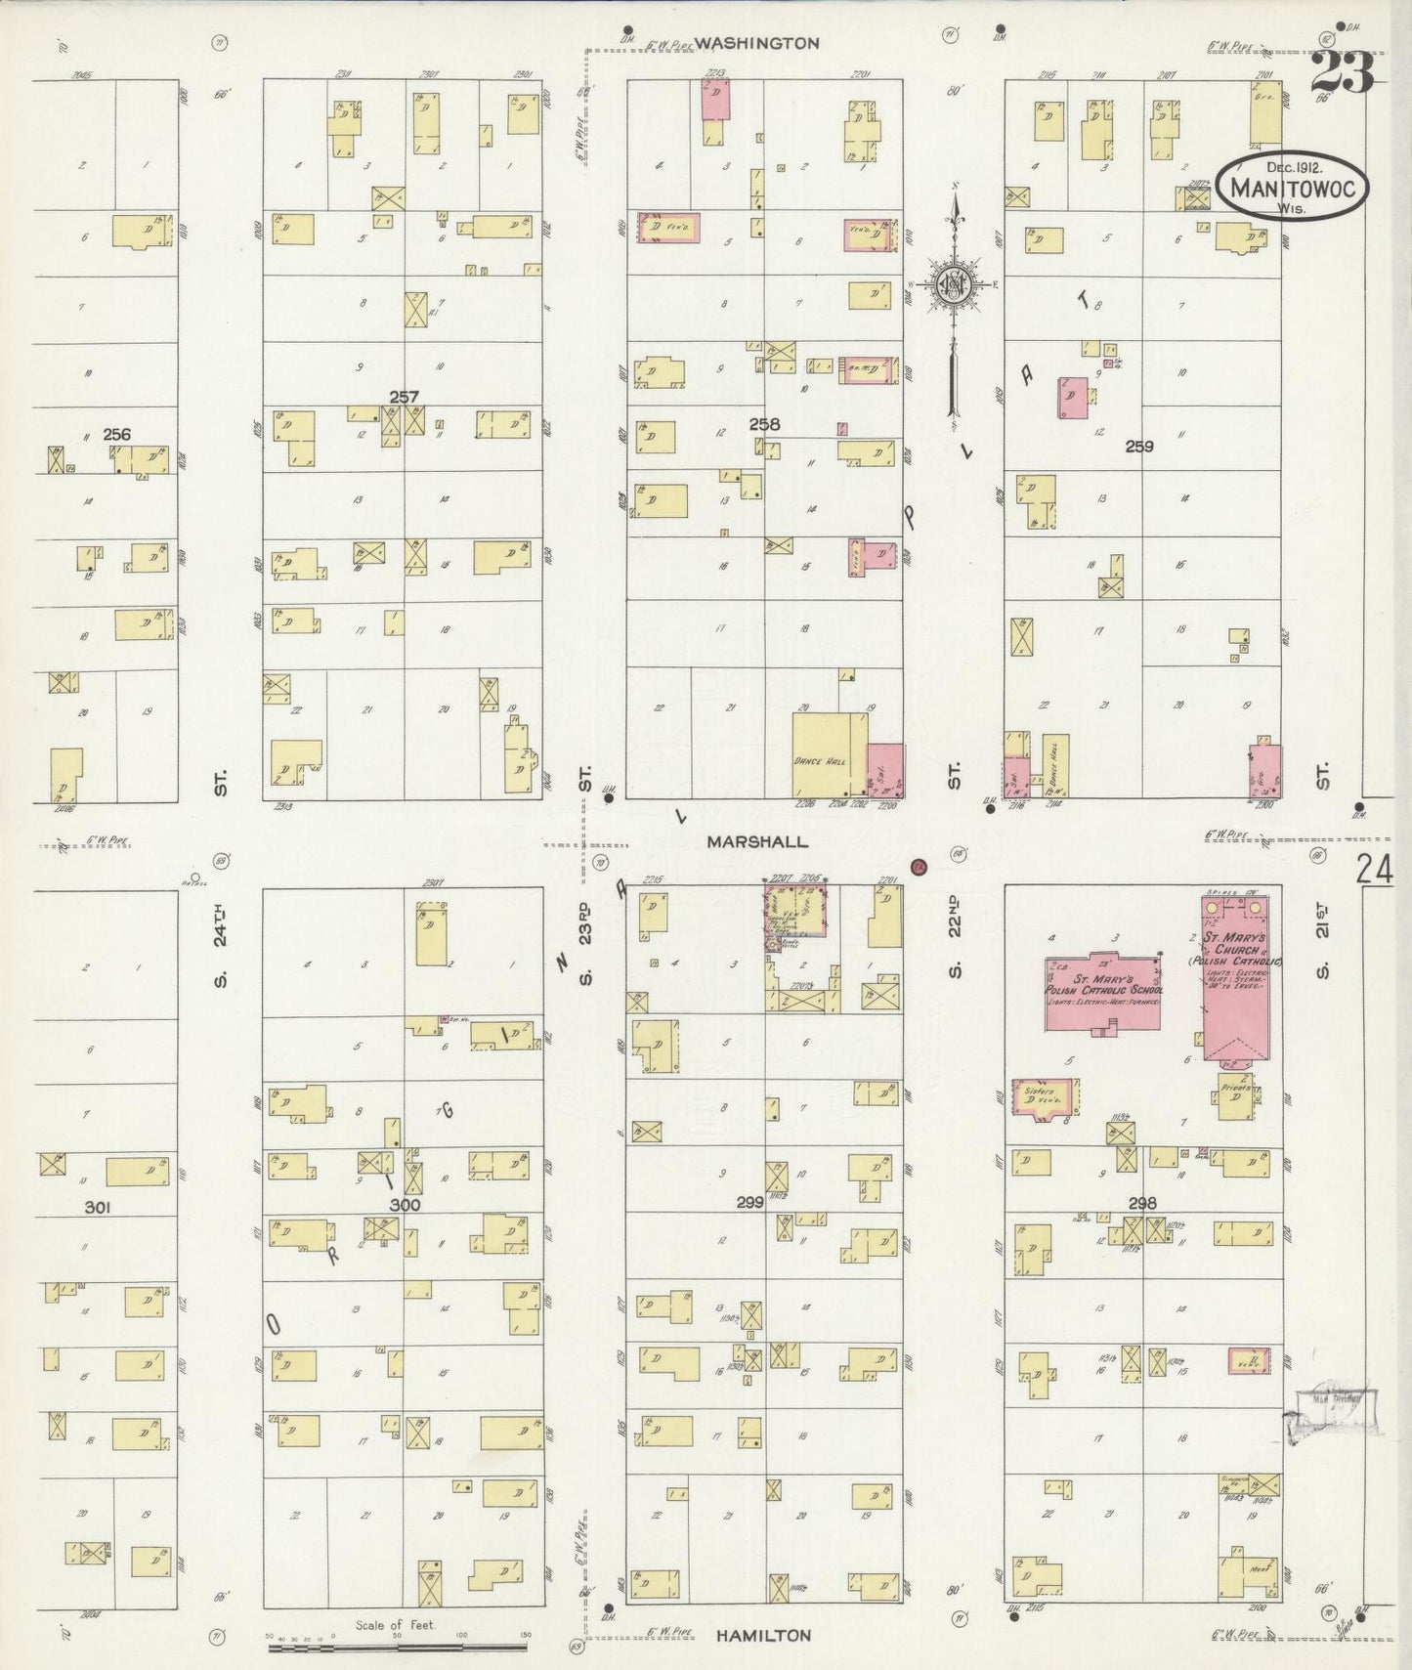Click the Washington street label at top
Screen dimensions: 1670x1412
757,43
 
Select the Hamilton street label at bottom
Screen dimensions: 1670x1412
762,1635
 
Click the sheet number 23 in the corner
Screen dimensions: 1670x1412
1344,71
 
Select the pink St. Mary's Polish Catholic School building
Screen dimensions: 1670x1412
1102,988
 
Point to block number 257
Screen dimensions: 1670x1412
404,397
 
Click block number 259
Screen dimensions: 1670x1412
1139,447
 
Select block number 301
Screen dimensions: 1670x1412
97,1208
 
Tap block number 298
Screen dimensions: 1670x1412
1141,1203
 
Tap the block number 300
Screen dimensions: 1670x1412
404,1205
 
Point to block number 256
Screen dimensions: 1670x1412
116,434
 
